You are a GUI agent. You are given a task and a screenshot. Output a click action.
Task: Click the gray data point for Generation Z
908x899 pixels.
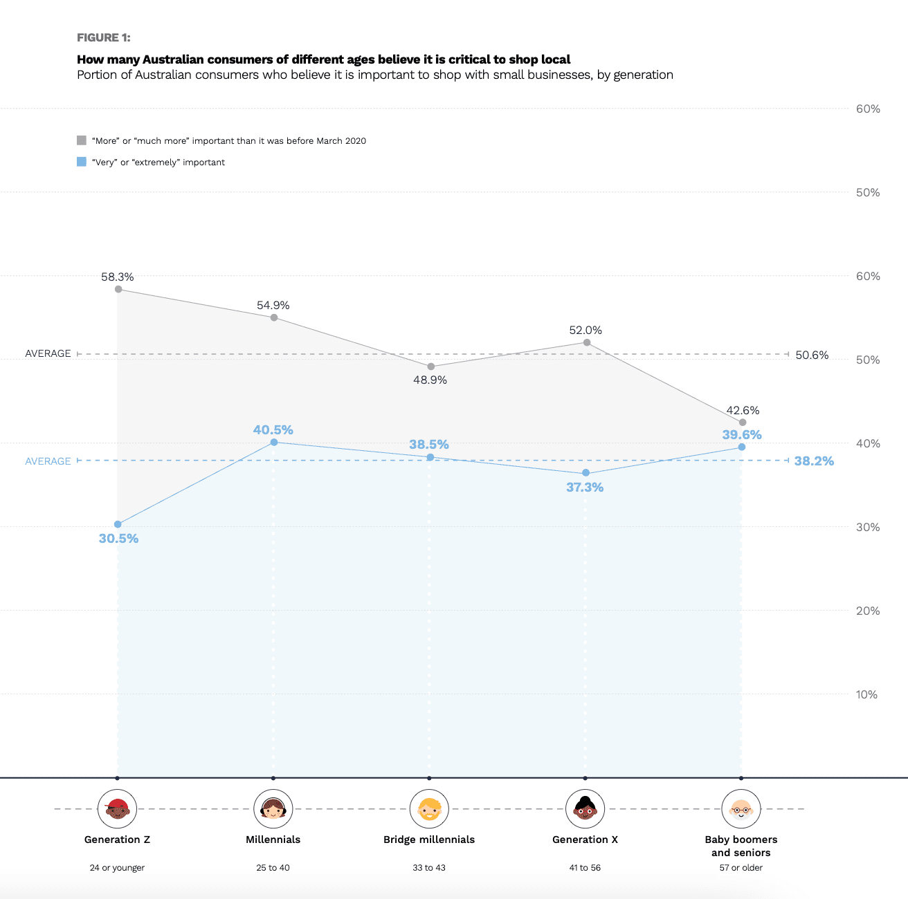[x=118, y=289]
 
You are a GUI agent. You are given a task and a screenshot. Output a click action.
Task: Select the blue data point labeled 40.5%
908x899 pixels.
[x=274, y=442]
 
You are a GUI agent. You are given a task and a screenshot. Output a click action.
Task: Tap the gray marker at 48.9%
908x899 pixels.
[x=430, y=367]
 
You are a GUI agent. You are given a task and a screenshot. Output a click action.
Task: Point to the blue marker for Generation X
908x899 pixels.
[x=585, y=473]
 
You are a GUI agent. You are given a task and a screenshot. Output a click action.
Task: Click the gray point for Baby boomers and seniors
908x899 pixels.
[x=743, y=422]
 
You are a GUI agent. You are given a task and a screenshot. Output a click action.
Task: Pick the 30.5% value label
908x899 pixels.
[x=118, y=539]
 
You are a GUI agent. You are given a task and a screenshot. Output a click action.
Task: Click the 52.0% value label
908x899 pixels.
[x=585, y=331]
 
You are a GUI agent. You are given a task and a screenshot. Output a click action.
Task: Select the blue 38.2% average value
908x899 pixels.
[x=814, y=461]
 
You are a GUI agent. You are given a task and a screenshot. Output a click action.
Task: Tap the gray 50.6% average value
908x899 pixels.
[x=812, y=355]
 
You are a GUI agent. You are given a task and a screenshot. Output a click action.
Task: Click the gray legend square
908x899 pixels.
[x=82, y=140]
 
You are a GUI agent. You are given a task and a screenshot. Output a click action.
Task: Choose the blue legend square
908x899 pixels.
[x=82, y=162]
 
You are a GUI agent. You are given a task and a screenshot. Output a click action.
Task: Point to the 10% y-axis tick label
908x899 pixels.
[x=866, y=694]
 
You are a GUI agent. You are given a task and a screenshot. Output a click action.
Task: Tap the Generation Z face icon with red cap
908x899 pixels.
[x=118, y=809]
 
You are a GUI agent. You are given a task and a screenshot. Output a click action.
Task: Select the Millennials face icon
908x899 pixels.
[x=273, y=809]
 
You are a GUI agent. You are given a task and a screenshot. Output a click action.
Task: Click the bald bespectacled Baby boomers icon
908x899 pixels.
[x=741, y=809]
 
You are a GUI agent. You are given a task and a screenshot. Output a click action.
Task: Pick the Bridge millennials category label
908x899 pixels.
[x=429, y=840]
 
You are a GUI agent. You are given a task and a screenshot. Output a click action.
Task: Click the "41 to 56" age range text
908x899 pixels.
[x=585, y=868]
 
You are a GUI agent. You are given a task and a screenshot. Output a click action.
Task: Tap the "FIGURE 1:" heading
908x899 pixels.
[x=104, y=37]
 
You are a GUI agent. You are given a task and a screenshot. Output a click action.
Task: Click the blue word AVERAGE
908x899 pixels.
[x=48, y=461]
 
